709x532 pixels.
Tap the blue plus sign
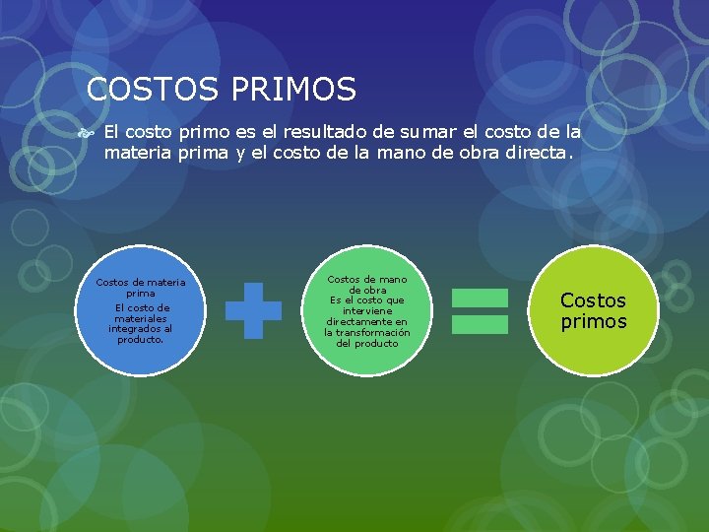tap(253, 311)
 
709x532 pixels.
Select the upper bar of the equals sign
tap(480, 298)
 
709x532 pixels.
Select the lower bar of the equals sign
tap(480, 324)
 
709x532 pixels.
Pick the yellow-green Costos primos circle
tap(593, 309)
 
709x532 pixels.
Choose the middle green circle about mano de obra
tap(366, 310)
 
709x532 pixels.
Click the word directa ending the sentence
tap(537, 153)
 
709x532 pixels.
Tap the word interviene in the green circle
tap(367, 310)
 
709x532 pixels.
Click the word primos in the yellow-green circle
tap(594, 321)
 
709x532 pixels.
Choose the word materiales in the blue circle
tap(141, 318)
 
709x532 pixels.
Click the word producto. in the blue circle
tap(141, 340)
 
